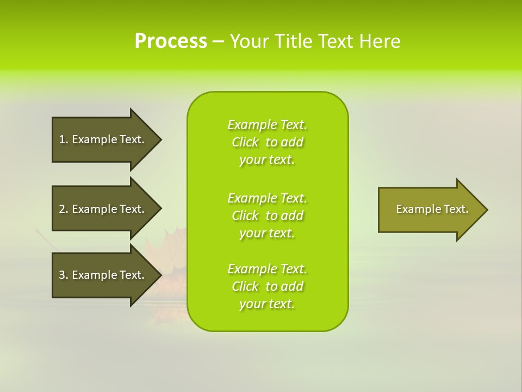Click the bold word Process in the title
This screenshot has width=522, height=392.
click(x=171, y=41)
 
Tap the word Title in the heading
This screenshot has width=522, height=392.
click(x=293, y=41)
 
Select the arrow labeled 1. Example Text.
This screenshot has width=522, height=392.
click(x=103, y=139)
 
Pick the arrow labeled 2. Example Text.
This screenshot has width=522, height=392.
click(x=103, y=209)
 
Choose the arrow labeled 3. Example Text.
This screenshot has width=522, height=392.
click(x=103, y=275)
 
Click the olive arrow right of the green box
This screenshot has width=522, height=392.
click(x=430, y=210)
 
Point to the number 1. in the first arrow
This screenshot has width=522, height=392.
click(x=64, y=139)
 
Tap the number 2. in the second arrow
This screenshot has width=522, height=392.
click(x=64, y=209)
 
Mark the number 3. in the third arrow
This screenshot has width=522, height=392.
click(x=64, y=275)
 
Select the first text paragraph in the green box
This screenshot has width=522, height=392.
click(x=267, y=142)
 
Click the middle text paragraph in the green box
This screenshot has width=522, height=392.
click(x=267, y=216)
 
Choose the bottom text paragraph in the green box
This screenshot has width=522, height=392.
click(x=267, y=286)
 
